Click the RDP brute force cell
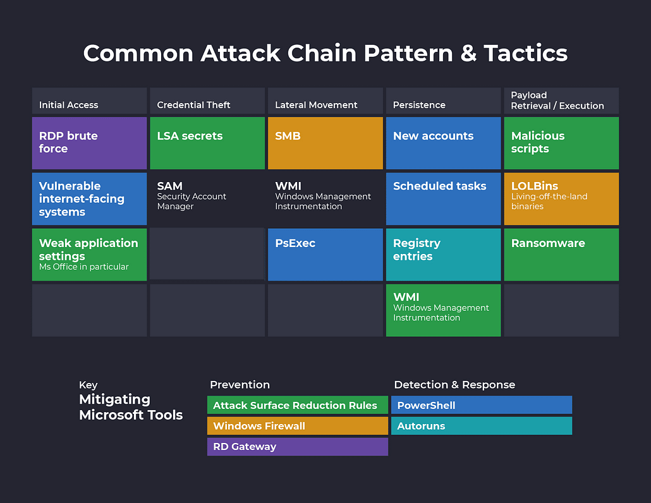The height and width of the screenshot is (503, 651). tap(89, 143)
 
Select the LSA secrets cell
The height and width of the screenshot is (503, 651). tap(207, 143)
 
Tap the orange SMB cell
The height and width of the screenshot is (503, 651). tap(325, 143)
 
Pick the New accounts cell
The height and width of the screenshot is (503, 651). tap(443, 143)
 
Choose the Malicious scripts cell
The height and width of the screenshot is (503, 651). tap(561, 143)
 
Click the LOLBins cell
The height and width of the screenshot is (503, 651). tap(561, 198)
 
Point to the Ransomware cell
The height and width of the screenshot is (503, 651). tap(561, 254)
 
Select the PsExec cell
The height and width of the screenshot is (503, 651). tap(325, 254)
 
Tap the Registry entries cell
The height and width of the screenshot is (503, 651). tap(443, 254)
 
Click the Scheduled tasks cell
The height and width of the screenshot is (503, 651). tap(443, 198)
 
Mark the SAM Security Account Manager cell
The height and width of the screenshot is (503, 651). tap(207, 198)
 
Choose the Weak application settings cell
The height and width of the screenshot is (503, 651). tap(89, 254)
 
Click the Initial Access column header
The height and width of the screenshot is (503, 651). tap(89, 101)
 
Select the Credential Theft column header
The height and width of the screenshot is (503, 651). tap(207, 101)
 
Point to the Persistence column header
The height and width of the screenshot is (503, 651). tap(443, 101)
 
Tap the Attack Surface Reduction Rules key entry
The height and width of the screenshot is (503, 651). tap(297, 405)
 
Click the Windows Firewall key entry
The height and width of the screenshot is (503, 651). tap(297, 426)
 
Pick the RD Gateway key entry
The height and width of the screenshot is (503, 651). tap(297, 447)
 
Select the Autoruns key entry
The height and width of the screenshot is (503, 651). tap(482, 426)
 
